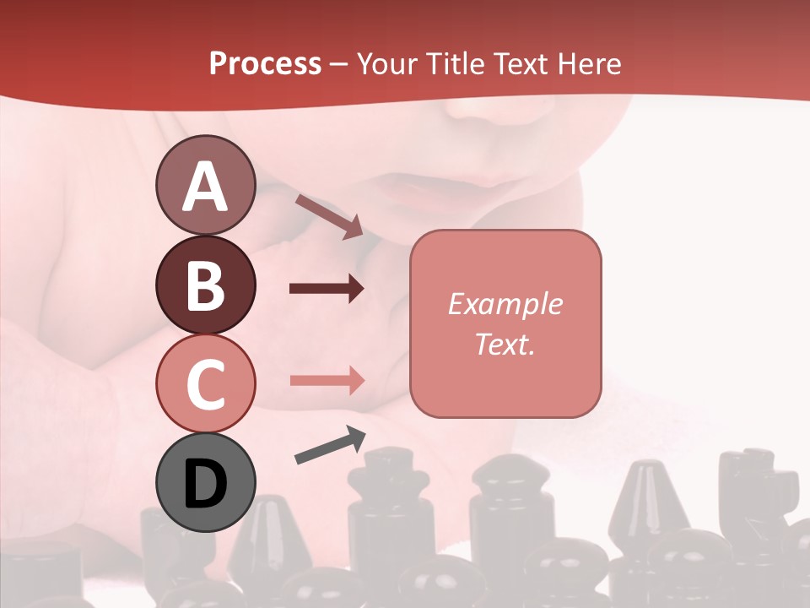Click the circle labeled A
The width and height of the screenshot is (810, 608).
tap(205, 185)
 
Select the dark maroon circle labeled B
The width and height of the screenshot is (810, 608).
tap(205, 285)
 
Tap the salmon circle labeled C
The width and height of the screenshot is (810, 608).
tap(205, 383)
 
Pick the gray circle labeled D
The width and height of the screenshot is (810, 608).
tap(205, 482)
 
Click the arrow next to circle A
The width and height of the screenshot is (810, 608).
tap(329, 216)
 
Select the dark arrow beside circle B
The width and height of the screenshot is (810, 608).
tap(327, 289)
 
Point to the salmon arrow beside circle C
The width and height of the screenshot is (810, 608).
tap(327, 380)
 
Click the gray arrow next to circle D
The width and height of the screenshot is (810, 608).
tap(330, 445)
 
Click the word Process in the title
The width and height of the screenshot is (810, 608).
tap(265, 63)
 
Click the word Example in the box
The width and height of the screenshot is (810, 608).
tap(505, 304)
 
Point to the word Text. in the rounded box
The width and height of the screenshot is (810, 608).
tap(505, 344)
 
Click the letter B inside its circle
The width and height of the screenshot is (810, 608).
tap(205, 285)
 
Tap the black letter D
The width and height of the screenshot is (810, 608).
tap(205, 484)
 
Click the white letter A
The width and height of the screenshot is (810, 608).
tap(205, 187)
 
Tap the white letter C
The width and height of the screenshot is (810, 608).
tap(205, 384)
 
